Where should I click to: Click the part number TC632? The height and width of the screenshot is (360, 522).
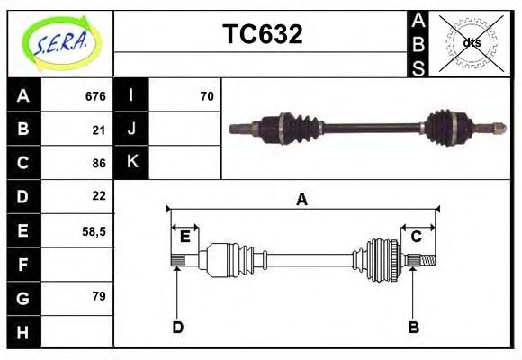(262, 35)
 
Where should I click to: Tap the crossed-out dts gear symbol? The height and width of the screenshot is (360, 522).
(472, 43)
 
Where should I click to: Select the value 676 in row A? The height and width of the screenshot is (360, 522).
(95, 96)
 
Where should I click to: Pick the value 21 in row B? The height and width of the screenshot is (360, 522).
(99, 130)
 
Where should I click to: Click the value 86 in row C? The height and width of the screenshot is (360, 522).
(99, 163)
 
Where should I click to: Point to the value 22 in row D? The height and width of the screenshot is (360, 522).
(99, 195)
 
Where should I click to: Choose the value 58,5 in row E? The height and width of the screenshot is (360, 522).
(94, 231)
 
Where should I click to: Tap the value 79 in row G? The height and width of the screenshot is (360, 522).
(99, 295)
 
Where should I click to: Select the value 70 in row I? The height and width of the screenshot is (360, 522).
(206, 96)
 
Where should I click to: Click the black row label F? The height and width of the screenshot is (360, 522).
(23, 265)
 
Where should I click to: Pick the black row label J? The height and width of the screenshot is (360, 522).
(131, 130)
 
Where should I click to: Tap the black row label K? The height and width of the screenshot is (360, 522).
(131, 162)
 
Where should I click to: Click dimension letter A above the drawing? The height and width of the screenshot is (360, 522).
(302, 200)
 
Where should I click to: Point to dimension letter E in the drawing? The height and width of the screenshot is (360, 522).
(184, 237)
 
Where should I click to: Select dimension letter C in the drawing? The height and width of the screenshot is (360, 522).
(417, 237)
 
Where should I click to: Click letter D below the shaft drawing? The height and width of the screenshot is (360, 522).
(177, 327)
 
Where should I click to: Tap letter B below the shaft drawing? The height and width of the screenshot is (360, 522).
(413, 327)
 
